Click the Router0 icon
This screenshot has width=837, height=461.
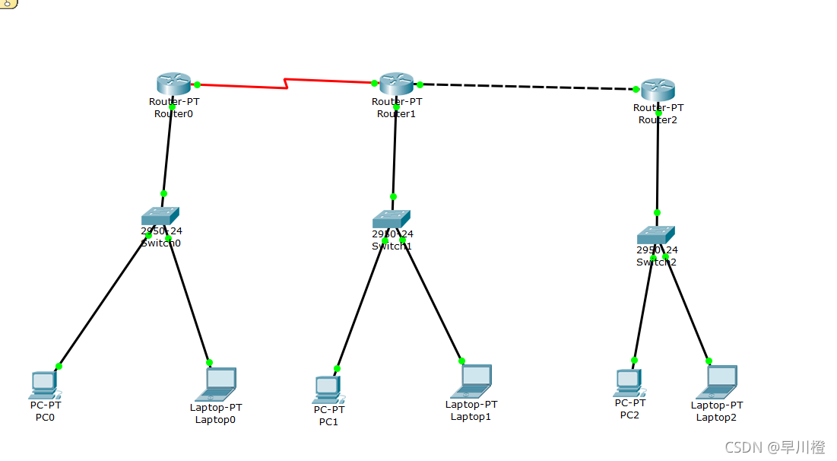pos(174,84)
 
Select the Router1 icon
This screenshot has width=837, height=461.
pos(396,84)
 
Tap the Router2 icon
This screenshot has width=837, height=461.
pos(658,90)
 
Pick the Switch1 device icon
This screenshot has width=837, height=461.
pos(392,219)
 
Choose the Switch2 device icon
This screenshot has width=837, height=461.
pos(656,235)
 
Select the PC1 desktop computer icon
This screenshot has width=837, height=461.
pos(328,389)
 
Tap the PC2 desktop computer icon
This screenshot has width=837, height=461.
pos(629,383)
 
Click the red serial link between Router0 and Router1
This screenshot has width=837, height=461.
pos(243,81)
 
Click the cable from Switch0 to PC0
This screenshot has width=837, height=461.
pos(103,301)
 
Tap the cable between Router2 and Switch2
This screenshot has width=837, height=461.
pos(658,164)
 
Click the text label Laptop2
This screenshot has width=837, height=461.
pos(716,417)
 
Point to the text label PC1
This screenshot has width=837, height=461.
pos(328,421)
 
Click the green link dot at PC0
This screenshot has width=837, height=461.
pos(59,366)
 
